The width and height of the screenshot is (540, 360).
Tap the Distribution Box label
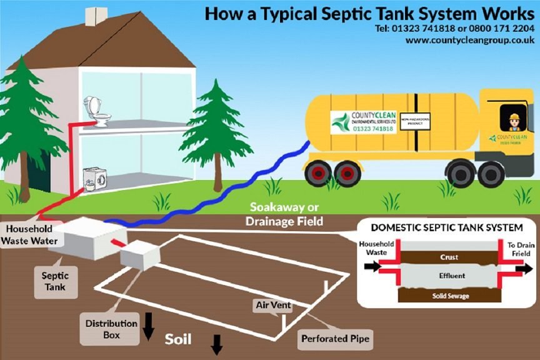pyautogui.click(x=112, y=329)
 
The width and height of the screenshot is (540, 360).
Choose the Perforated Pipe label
pyautogui.click(x=336, y=339)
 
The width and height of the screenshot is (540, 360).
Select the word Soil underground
pyautogui.click(x=177, y=340)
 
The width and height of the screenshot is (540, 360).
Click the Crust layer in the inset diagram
pyautogui.click(x=449, y=257)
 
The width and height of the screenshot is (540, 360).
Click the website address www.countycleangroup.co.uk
pyautogui.click(x=469, y=40)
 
